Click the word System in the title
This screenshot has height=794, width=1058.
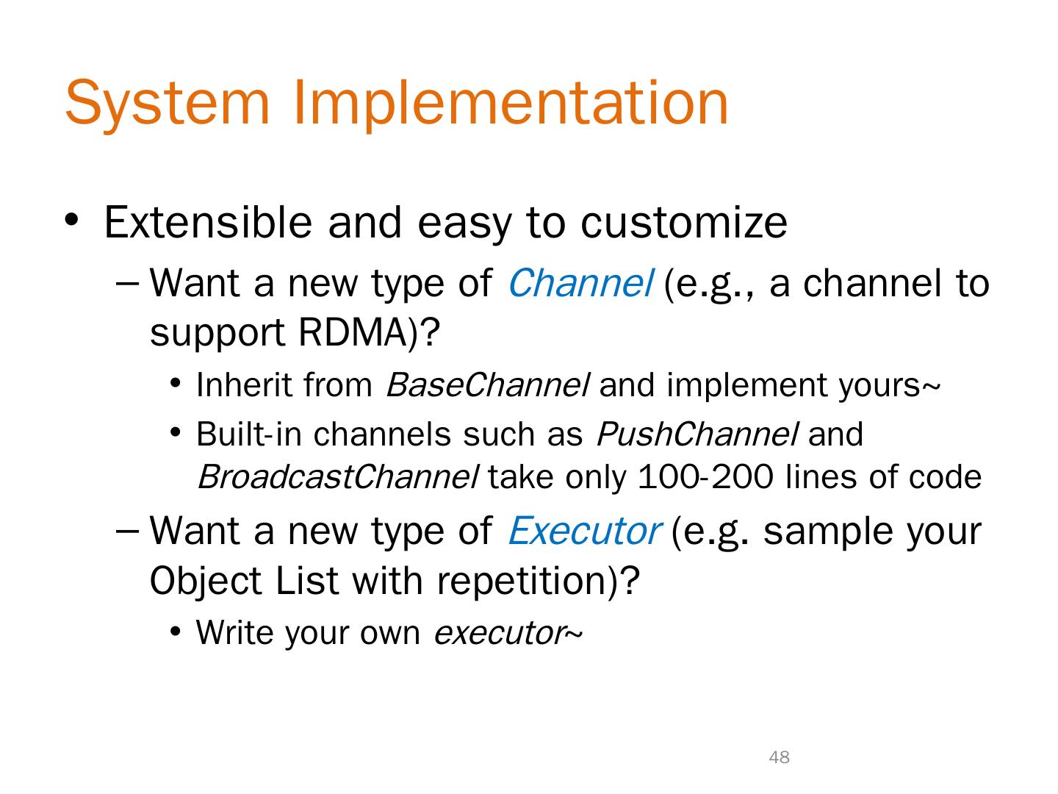(168, 104)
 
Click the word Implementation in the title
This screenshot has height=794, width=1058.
(511, 104)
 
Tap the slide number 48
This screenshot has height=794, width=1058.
(779, 757)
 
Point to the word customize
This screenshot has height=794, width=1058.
(684, 223)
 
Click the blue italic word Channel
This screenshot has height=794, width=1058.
(581, 283)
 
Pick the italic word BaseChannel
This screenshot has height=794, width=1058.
(487, 385)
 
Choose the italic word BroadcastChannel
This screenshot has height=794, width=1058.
(338, 477)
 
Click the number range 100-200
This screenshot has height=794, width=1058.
(705, 477)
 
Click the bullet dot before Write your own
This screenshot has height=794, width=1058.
(176, 631)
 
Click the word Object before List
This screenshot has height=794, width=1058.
(206, 580)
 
